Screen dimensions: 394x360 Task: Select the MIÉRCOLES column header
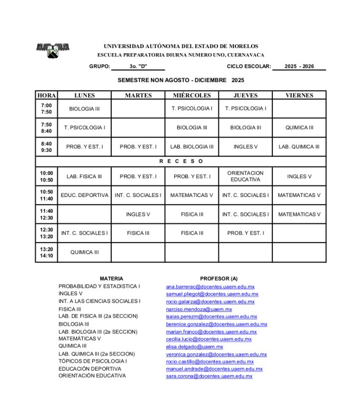pyautogui.click(x=191, y=95)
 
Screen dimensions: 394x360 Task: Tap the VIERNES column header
pyautogui.click(x=299, y=95)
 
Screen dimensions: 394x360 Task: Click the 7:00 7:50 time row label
pyautogui.click(x=46, y=109)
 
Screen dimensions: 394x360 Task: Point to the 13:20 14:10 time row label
pyautogui.click(x=46, y=252)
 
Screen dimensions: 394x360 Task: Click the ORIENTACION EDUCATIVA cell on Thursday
pyautogui.click(x=245, y=176)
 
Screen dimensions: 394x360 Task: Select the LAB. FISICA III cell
pyautogui.click(x=84, y=177)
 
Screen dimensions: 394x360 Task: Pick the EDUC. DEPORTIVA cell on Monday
pyautogui.click(x=84, y=195)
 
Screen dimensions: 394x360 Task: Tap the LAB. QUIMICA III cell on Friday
pyautogui.click(x=299, y=147)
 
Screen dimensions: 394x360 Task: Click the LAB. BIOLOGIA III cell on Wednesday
pyautogui.click(x=191, y=147)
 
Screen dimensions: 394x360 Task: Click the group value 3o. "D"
pyautogui.click(x=138, y=66)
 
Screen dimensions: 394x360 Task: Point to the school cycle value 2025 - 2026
pyautogui.click(x=299, y=66)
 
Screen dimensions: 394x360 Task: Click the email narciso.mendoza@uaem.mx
pyautogui.click(x=199, y=309)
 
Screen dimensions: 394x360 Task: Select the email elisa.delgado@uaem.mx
pyautogui.click(x=194, y=347)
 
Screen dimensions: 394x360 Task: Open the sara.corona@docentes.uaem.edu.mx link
pyautogui.click(x=209, y=376)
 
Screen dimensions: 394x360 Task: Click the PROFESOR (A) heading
pyautogui.click(x=219, y=279)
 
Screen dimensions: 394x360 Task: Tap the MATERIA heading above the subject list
pyautogui.click(x=111, y=279)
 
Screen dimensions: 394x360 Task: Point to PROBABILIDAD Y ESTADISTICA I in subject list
pyautogui.click(x=99, y=286)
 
